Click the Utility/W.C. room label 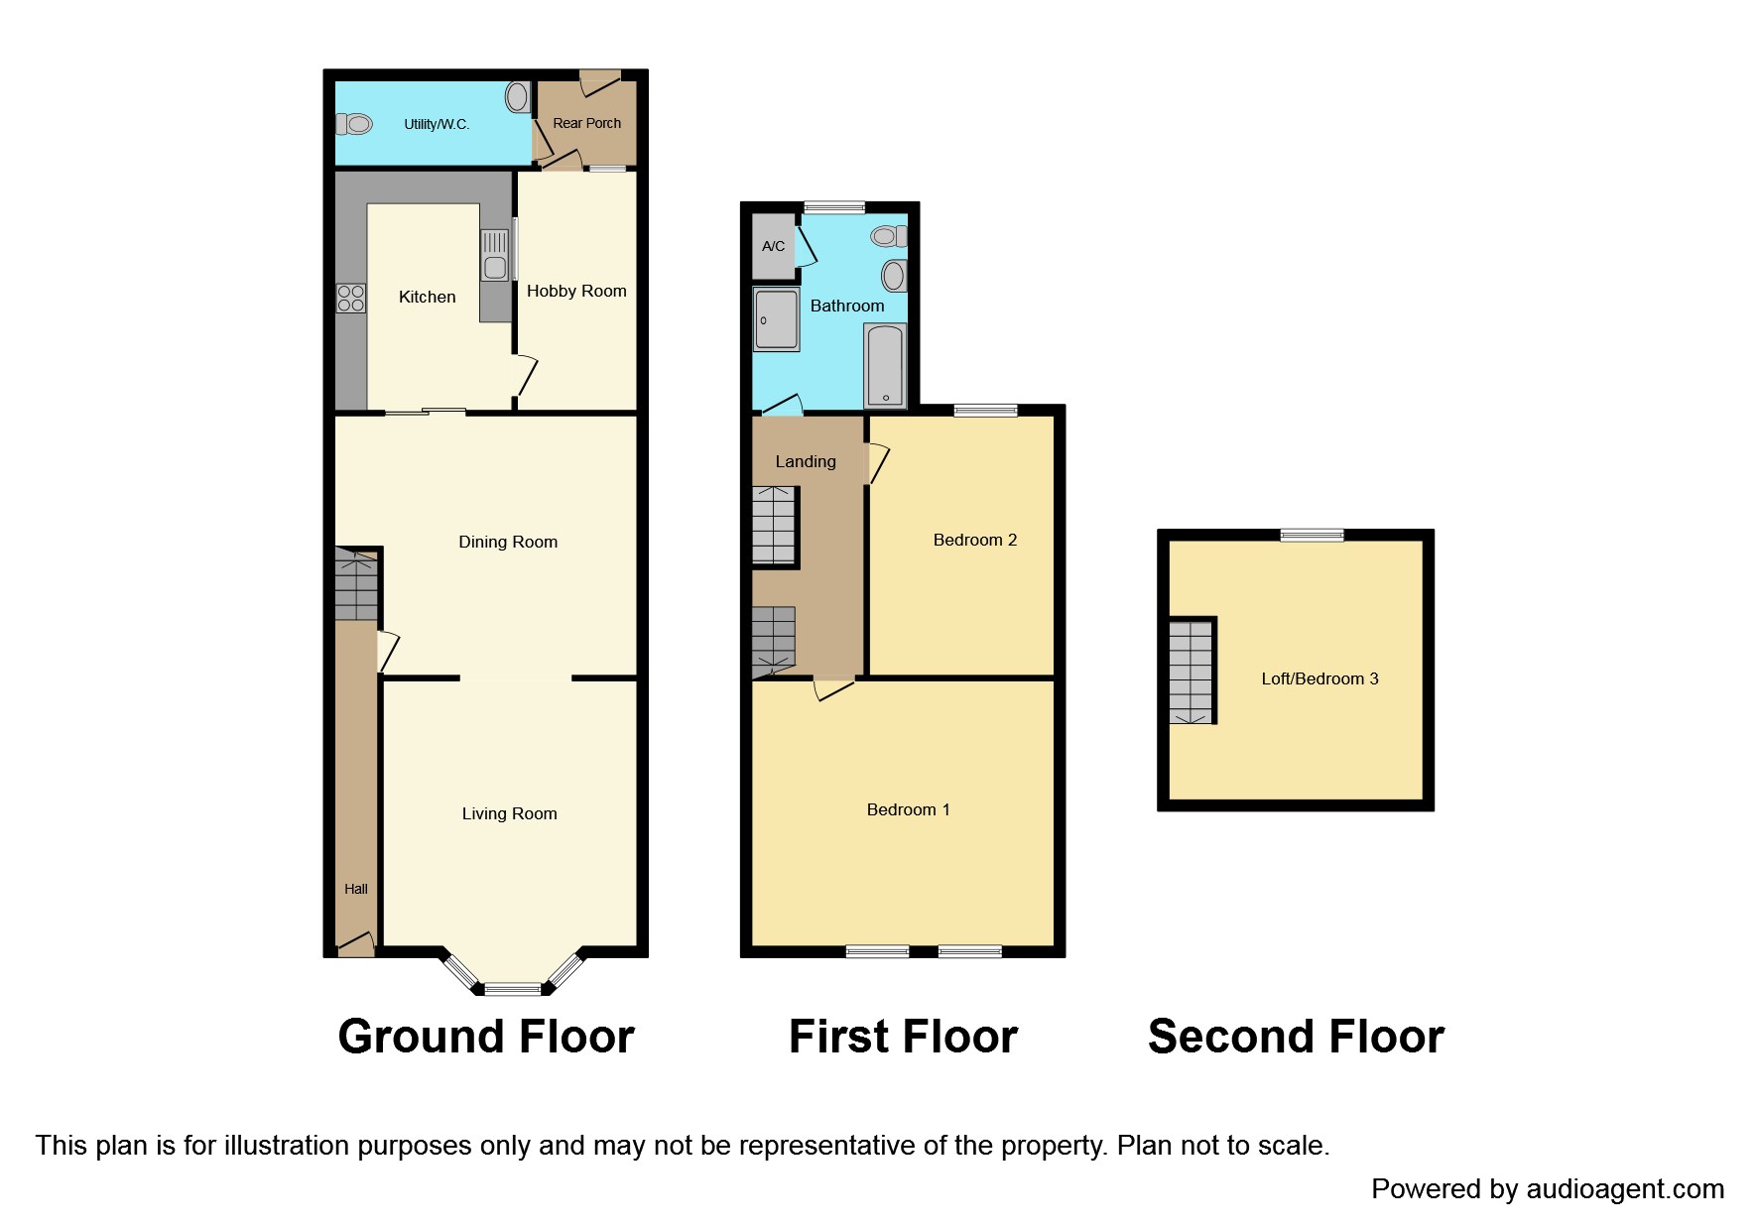(437, 124)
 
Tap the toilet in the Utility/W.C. (354, 124)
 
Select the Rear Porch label (586, 123)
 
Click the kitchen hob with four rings (351, 298)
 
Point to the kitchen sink (494, 255)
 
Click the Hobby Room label (576, 291)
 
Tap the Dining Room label (508, 542)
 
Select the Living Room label (509, 813)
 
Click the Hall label (356, 889)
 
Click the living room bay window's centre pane (513, 988)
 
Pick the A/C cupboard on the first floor (774, 245)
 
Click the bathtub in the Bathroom (885, 364)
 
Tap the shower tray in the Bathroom (776, 319)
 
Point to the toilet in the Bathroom (889, 236)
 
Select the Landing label (806, 461)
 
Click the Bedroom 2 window (985, 410)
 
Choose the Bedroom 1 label (908, 809)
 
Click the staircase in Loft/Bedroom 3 (1192, 672)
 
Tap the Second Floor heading (1296, 1037)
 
